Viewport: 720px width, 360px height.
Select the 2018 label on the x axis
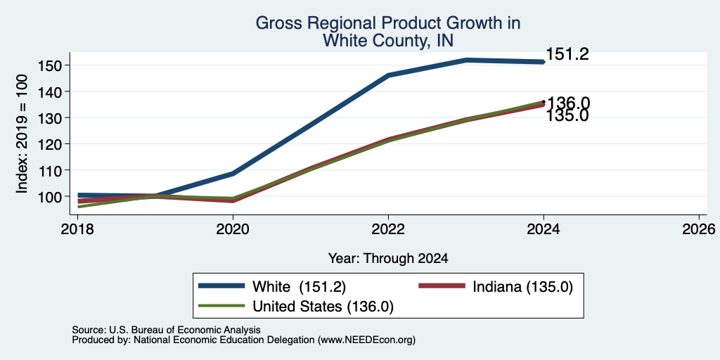(77, 229)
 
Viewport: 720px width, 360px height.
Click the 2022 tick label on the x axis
(388, 229)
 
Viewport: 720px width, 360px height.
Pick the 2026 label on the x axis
(699, 229)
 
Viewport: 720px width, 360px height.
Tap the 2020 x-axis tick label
(233, 229)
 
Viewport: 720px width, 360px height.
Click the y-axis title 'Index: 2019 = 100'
(22, 134)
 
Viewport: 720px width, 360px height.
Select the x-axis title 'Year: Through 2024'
(388, 259)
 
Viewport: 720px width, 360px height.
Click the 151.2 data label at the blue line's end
(567, 55)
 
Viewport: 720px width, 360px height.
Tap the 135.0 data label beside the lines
(567, 116)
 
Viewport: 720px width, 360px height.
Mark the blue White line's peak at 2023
(466, 60)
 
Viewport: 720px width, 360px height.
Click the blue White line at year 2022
(388, 75)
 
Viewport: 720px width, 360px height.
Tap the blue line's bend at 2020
(233, 174)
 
